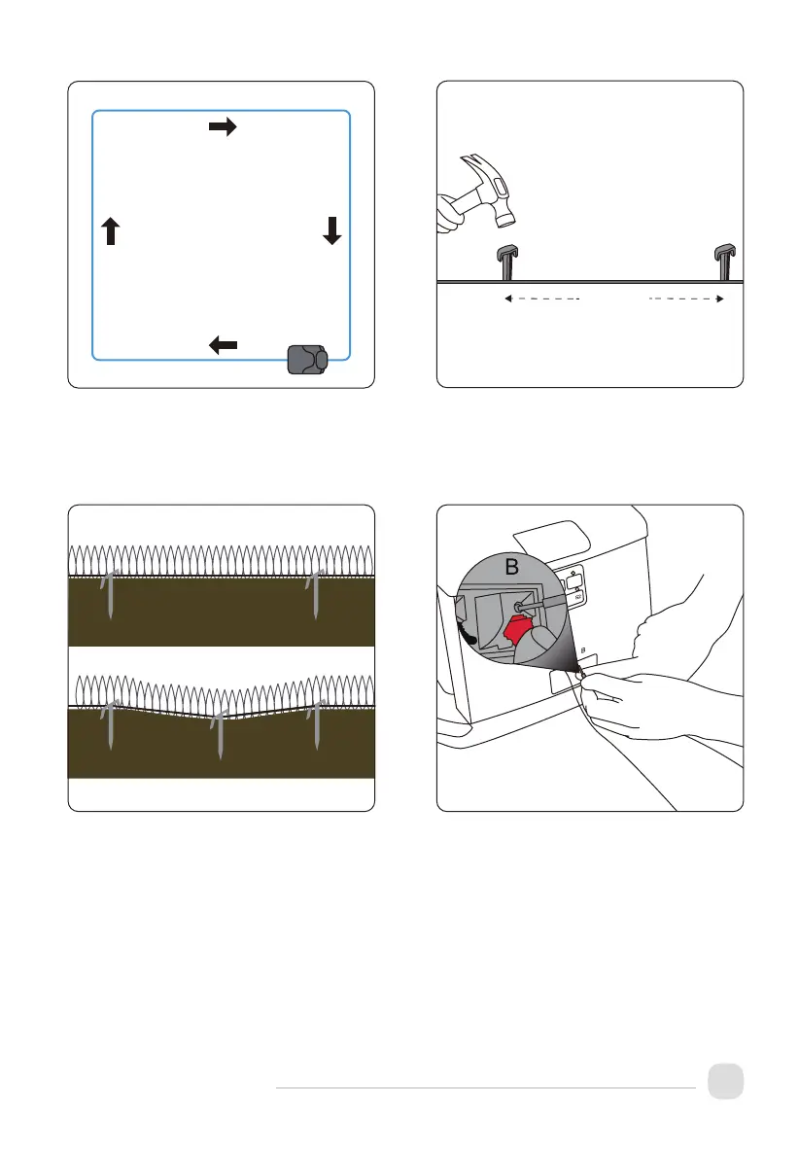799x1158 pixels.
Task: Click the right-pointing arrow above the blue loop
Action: coord(224,127)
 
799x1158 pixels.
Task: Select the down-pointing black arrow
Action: coord(332,230)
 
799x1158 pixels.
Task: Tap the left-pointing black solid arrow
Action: coord(224,343)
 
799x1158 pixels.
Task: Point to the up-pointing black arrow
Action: coord(110,230)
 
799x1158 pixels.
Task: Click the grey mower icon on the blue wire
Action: coord(308,359)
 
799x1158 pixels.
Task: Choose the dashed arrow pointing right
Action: coord(686,300)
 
